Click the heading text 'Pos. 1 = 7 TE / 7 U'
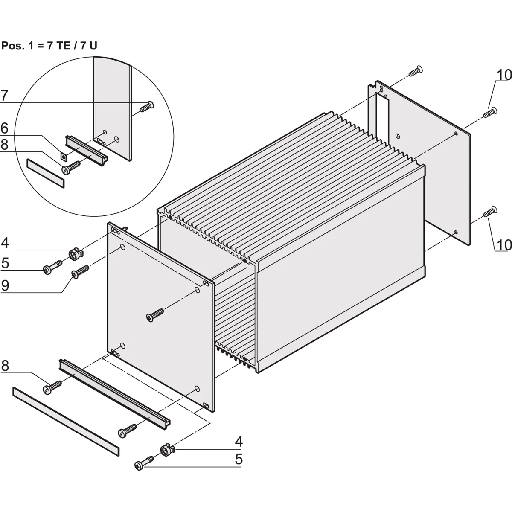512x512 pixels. coord(49,46)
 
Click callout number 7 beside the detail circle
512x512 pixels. coord(4,96)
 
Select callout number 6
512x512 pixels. coord(4,128)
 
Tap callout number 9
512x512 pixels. coord(5,285)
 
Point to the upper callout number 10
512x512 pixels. coord(503,75)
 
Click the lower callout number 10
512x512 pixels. coord(503,245)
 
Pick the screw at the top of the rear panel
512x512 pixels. coord(414,71)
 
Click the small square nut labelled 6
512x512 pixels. coord(64,156)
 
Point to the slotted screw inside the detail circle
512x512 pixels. coord(71,166)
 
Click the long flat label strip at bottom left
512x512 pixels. coord(66,421)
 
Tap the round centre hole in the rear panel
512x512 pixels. coord(398,137)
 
